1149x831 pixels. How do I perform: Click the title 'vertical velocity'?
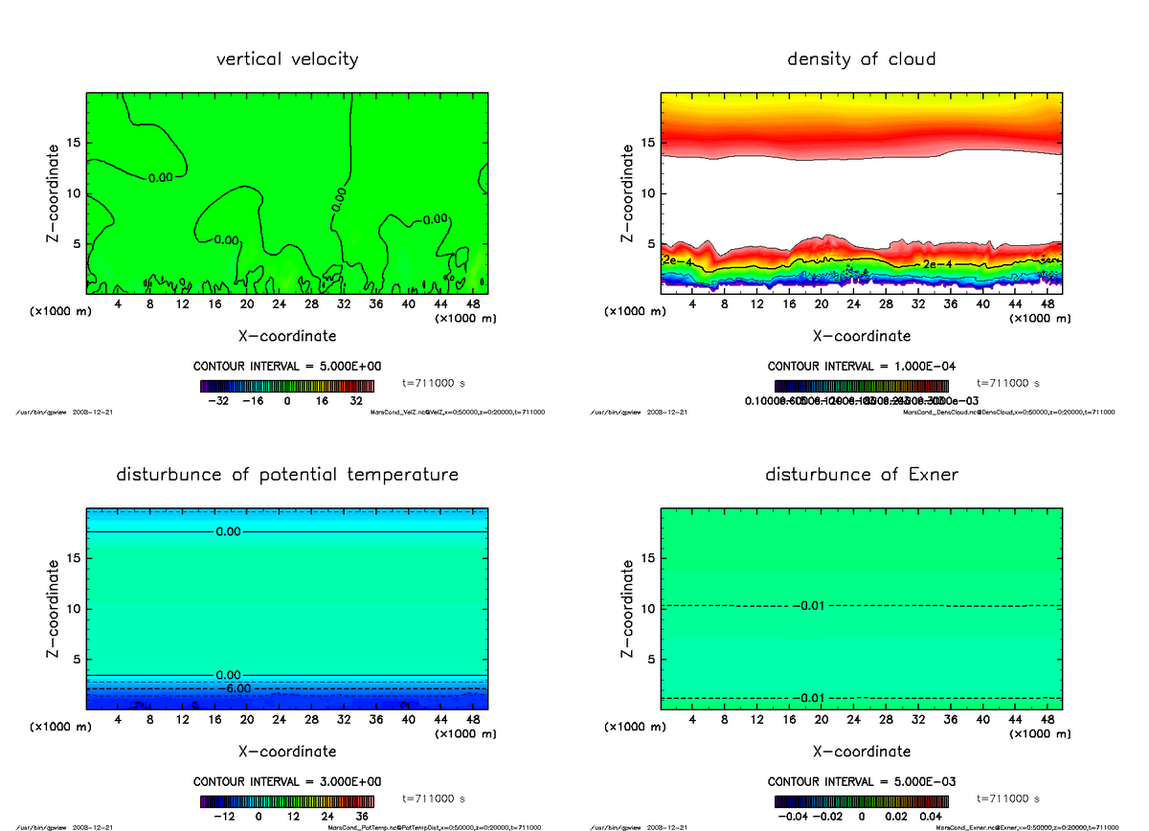[x=287, y=59]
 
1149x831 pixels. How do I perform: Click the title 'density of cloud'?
[x=861, y=59]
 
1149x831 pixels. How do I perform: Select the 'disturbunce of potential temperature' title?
[x=287, y=475]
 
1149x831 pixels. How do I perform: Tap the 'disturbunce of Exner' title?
[x=861, y=475]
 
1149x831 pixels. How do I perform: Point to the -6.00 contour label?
[x=233, y=688]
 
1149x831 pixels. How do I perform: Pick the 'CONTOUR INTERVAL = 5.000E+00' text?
[x=287, y=367]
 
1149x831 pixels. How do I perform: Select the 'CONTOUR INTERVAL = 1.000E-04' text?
[x=862, y=367]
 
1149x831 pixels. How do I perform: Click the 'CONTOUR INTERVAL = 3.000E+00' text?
[x=287, y=781]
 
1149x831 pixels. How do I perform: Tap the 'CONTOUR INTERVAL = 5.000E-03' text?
[x=862, y=781]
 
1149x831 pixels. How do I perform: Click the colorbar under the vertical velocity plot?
[x=287, y=386]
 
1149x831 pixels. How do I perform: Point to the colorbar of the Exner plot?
[x=862, y=800]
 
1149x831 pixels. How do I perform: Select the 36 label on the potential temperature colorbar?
[x=361, y=817]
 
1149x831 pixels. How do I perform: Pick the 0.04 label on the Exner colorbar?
[x=932, y=817]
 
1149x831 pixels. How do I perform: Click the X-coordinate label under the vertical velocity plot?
[x=287, y=336]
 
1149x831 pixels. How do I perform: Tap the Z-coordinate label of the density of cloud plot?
[x=627, y=191]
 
